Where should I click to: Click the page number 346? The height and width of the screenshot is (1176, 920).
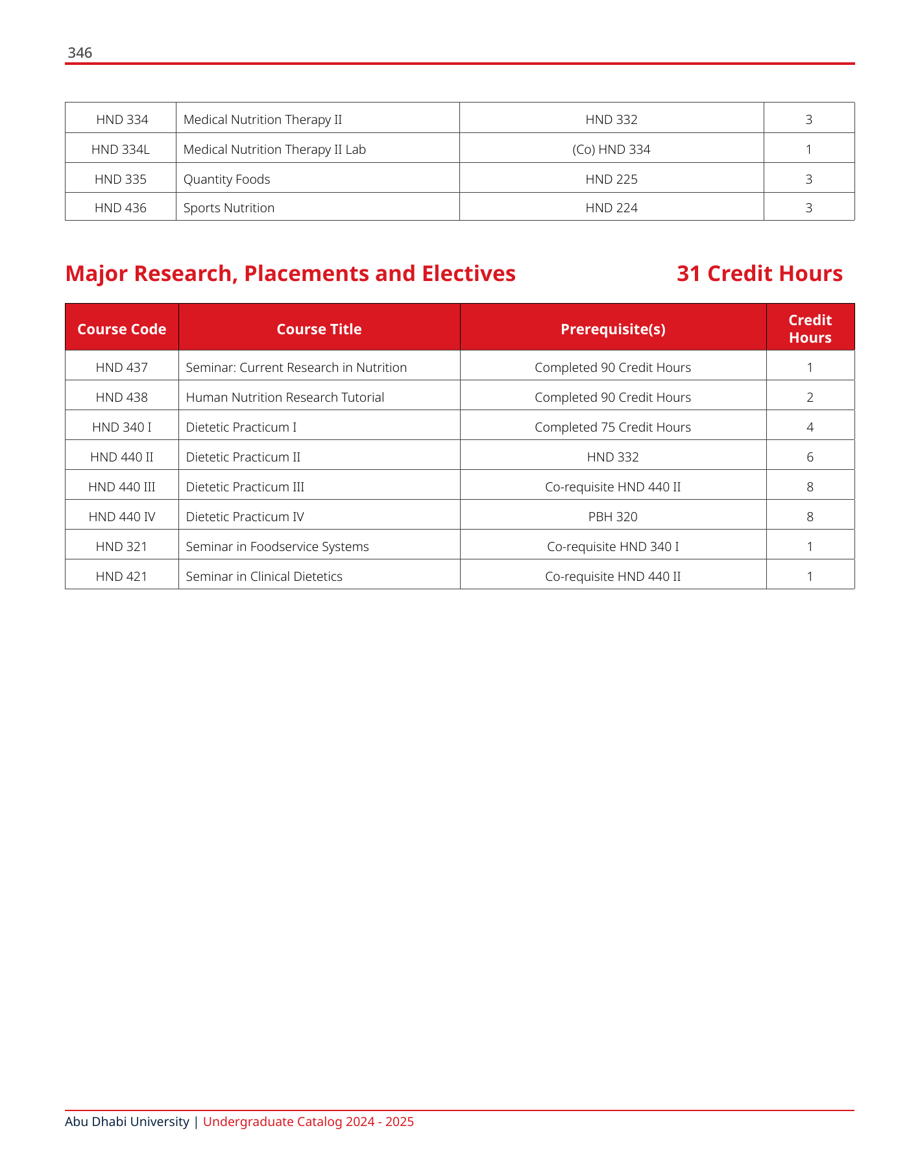[80, 53]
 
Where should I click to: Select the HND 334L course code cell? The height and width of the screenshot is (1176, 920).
[121, 149]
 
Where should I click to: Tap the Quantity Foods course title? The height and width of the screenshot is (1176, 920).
[226, 179]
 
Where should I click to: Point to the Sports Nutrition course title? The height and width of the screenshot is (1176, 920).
[229, 208]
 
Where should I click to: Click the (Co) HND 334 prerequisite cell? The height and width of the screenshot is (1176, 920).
[611, 149]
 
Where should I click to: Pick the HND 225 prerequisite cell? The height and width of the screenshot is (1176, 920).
[611, 179]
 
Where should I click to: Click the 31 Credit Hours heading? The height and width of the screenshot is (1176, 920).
[759, 274]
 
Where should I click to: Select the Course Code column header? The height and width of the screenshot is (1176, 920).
[122, 329]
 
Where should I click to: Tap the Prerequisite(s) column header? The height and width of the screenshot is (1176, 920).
[613, 329]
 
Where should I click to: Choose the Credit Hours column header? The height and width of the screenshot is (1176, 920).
[810, 329]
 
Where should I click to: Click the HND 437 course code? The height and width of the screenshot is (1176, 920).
[122, 367]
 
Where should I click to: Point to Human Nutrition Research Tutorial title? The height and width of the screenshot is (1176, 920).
[285, 397]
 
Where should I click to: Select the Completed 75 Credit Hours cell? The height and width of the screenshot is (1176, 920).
[613, 427]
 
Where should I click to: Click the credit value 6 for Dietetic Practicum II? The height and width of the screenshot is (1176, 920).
[810, 457]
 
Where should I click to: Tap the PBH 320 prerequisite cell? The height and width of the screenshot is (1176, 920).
[613, 517]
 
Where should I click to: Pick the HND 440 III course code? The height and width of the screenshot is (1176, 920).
[122, 487]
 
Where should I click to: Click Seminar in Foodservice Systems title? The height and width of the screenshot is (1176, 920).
[277, 546]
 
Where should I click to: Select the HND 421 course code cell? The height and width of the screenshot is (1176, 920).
[122, 576]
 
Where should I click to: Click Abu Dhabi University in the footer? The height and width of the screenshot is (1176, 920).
[127, 1121]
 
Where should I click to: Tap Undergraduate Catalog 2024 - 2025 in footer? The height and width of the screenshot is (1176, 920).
[308, 1121]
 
